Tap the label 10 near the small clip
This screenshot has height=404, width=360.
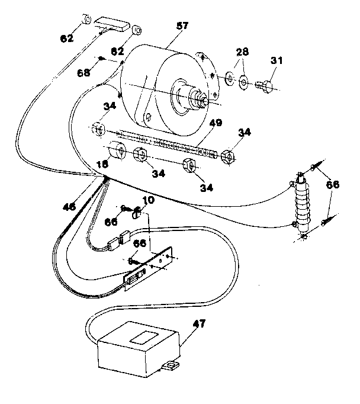click(148, 200)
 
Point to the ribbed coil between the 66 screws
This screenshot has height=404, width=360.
click(304, 204)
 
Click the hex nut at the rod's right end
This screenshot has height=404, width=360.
click(226, 156)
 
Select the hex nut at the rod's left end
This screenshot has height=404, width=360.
click(98, 129)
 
